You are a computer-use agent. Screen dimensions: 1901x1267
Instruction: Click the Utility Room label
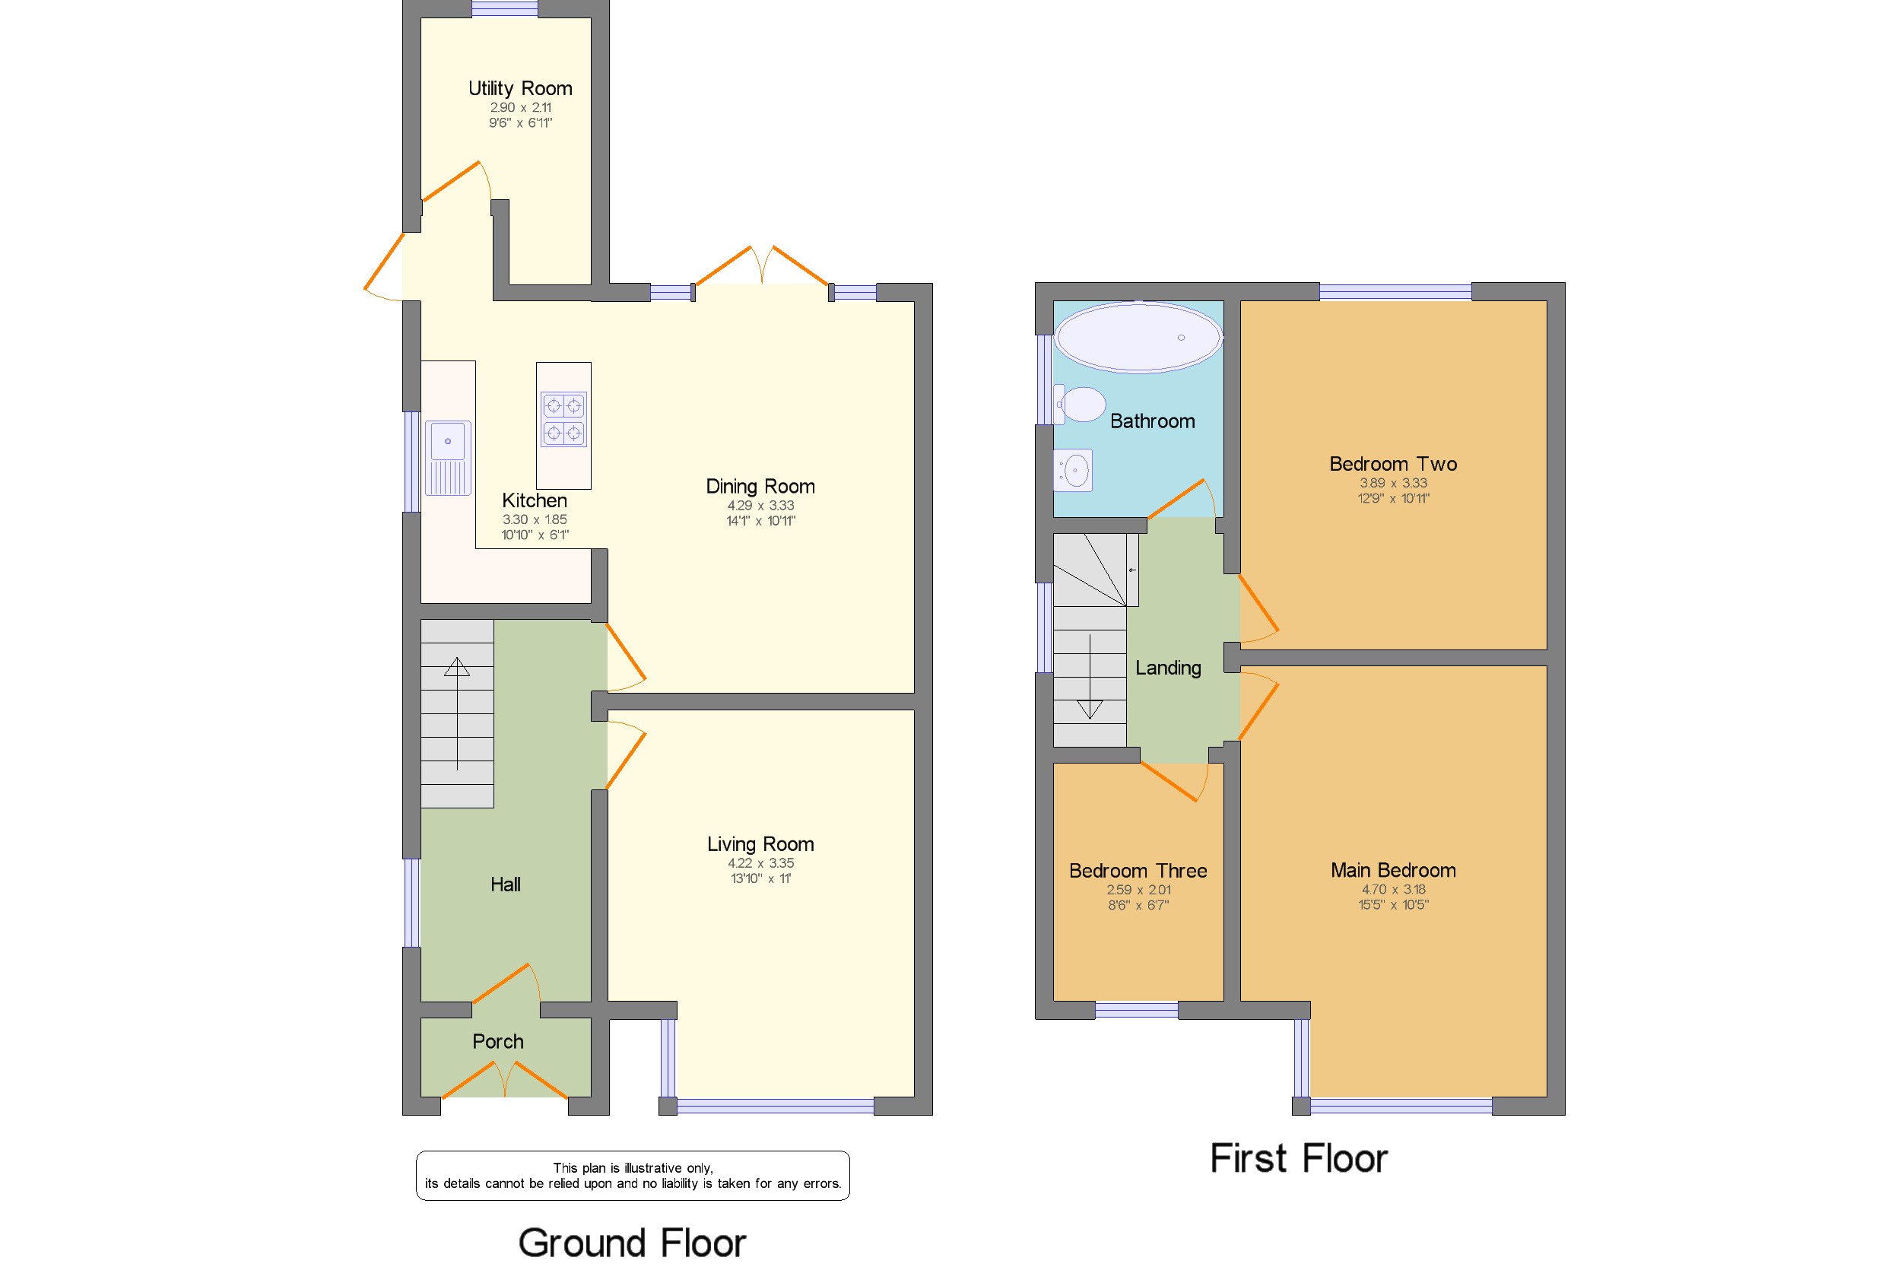pos(520,88)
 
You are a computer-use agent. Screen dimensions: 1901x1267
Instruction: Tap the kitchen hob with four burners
pos(563,419)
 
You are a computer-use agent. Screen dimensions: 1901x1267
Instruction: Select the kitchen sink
pos(448,457)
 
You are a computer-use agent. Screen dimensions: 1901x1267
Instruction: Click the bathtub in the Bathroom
pos(1138,338)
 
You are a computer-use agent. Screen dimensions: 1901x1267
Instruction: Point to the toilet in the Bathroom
pos(1081,405)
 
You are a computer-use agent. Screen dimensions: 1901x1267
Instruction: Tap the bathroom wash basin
pos(1073,470)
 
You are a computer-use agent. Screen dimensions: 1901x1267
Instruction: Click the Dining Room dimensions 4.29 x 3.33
pos(760,506)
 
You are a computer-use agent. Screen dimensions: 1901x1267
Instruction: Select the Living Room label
pos(760,843)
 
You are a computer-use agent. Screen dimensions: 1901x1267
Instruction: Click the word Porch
pos(497,1042)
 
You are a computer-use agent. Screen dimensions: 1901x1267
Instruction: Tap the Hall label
pos(506,884)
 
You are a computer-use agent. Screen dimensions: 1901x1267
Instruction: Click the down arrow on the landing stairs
pos(1090,676)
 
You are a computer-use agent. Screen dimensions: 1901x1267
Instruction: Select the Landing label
pos(1168,668)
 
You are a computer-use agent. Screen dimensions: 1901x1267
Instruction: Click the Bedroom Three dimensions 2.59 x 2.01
pos(1138,890)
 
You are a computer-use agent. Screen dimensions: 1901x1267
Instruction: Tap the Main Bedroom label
pos(1393,870)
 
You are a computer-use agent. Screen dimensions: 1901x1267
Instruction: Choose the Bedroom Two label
pos(1393,464)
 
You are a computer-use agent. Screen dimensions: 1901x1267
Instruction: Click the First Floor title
pos(1298,1158)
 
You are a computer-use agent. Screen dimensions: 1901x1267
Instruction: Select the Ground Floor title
pos(632,1243)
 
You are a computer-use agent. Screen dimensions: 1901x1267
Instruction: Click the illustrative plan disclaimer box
pos(633,1176)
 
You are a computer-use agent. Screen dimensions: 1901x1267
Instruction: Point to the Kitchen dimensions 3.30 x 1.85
pos(535,519)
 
